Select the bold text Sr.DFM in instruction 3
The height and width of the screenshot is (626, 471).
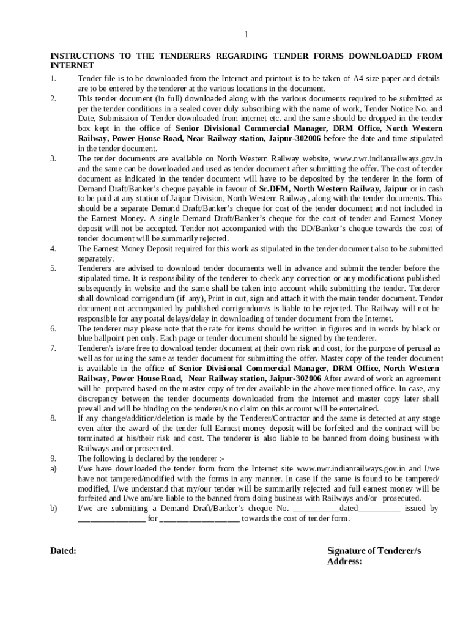pos(273,188)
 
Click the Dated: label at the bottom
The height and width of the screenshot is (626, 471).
pos(63,551)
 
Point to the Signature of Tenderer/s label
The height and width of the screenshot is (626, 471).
pos(374,551)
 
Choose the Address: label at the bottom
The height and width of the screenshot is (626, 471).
pos(345,561)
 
